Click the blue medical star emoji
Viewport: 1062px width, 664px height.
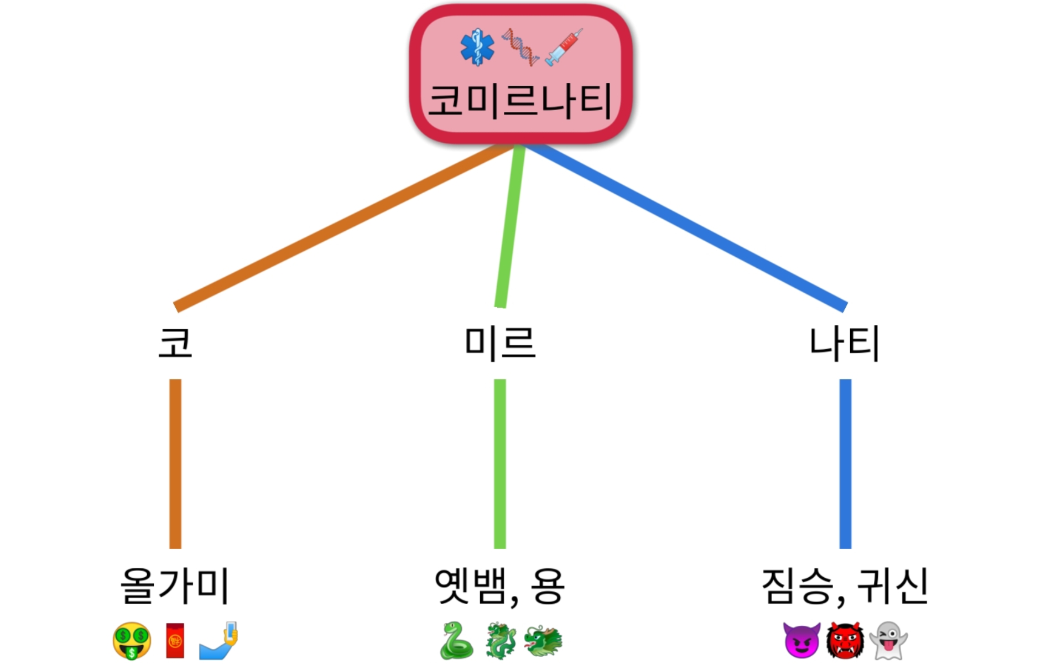[477, 48]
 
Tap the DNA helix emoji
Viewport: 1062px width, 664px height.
[520, 48]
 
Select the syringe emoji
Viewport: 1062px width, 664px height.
[564, 48]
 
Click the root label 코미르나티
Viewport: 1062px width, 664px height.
[520, 101]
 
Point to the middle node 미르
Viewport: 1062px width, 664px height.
[500, 343]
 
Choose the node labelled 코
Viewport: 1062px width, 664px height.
[175, 343]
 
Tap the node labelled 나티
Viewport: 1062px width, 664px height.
[845, 343]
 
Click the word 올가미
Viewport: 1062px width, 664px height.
[175, 585]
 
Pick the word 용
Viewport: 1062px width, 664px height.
[546, 585]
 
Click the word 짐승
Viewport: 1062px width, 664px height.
[797, 585]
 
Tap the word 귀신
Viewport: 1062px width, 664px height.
[892, 585]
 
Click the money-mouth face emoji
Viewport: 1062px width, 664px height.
[132, 641]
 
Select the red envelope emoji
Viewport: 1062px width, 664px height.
[175, 641]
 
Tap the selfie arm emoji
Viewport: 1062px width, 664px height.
[219, 641]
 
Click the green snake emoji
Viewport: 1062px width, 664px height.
[456, 641]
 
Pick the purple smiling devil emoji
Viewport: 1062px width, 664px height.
[801, 641]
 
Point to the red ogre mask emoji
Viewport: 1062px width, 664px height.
[845, 641]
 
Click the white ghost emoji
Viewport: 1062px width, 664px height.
[888, 641]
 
